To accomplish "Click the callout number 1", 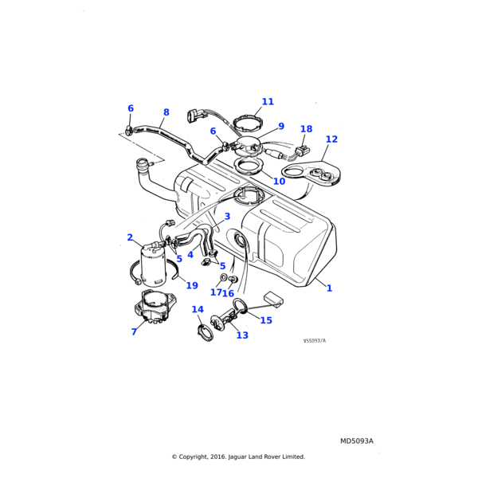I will tap(329, 288).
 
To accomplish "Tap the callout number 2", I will tap(130, 237).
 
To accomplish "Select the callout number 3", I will tap(227, 217).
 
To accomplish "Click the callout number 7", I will tap(134, 331).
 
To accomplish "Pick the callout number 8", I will tap(166, 112).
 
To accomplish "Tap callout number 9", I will tap(280, 126).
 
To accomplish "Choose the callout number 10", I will tap(279, 182).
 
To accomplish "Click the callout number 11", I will tap(268, 102).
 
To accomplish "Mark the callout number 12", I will tap(331, 139).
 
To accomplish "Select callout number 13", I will tap(242, 335).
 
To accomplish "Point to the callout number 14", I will tap(198, 310).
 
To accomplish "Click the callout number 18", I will tap(306, 129).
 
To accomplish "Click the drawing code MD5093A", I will tap(356, 441).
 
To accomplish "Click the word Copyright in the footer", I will tap(206, 457).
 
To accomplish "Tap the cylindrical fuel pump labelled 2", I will tap(153, 263).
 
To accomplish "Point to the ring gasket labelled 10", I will tap(249, 168).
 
